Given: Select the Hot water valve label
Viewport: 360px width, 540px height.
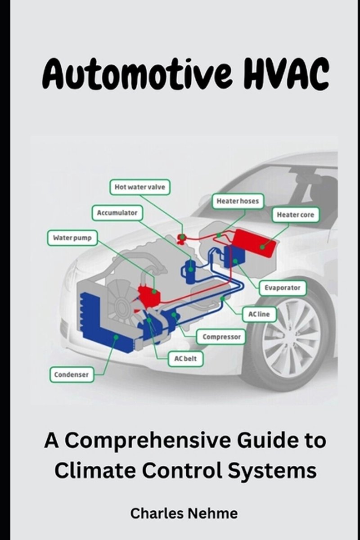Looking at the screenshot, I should [140, 187].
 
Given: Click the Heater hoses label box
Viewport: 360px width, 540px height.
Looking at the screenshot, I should [238, 201].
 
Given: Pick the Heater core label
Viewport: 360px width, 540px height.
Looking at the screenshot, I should [295, 215].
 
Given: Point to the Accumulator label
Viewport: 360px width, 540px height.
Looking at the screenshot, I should [117, 213].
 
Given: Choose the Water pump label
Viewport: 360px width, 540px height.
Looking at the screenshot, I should [72, 238].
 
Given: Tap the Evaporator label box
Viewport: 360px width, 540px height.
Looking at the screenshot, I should [283, 288].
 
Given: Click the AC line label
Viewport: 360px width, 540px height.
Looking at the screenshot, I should [259, 314].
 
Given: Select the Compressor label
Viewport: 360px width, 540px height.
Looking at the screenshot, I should [221, 337].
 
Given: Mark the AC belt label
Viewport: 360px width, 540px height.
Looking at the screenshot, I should [185, 359].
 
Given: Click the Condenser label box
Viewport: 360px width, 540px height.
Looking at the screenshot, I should [72, 374].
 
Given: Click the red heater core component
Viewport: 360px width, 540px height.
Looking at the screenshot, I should [255, 243].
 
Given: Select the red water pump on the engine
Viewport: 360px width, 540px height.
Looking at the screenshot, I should [149, 295].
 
